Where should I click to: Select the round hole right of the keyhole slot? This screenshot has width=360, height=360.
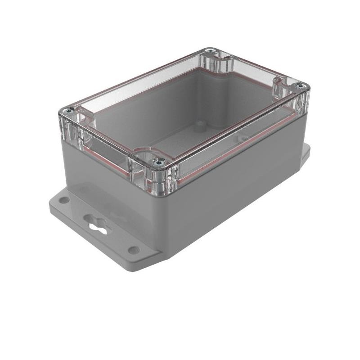pyautogui.click(x=134, y=250)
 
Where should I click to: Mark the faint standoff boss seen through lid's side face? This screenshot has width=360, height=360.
pyautogui.click(x=243, y=139)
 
